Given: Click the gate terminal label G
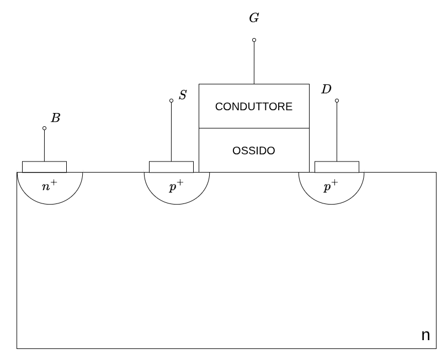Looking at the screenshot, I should [254, 18].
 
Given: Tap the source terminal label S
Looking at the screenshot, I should [183, 95].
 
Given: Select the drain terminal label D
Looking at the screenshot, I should [326, 89].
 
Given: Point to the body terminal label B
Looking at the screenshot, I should [55, 118].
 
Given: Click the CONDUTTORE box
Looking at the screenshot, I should [254, 106].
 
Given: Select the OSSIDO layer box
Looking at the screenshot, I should [254, 150].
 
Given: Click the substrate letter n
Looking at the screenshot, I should [425, 335].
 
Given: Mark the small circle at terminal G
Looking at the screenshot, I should [254, 40].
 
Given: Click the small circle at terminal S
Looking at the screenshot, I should [171, 100].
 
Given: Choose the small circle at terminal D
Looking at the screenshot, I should [337, 100].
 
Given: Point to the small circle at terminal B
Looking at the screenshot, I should [44, 128].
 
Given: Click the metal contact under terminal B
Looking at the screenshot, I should [44, 166].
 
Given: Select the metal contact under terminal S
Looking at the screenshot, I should [171, 166].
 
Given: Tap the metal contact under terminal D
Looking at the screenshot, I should [337, 166].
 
